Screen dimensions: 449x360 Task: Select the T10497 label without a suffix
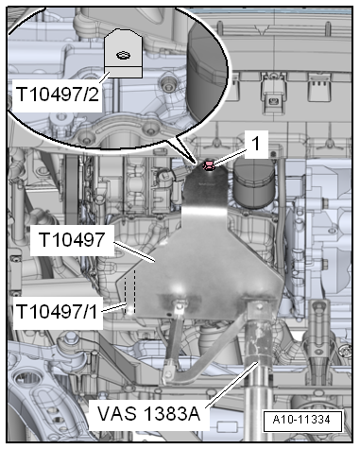click(x=73, y=237)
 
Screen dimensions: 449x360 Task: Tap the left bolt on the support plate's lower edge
click(x=178, y=305)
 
